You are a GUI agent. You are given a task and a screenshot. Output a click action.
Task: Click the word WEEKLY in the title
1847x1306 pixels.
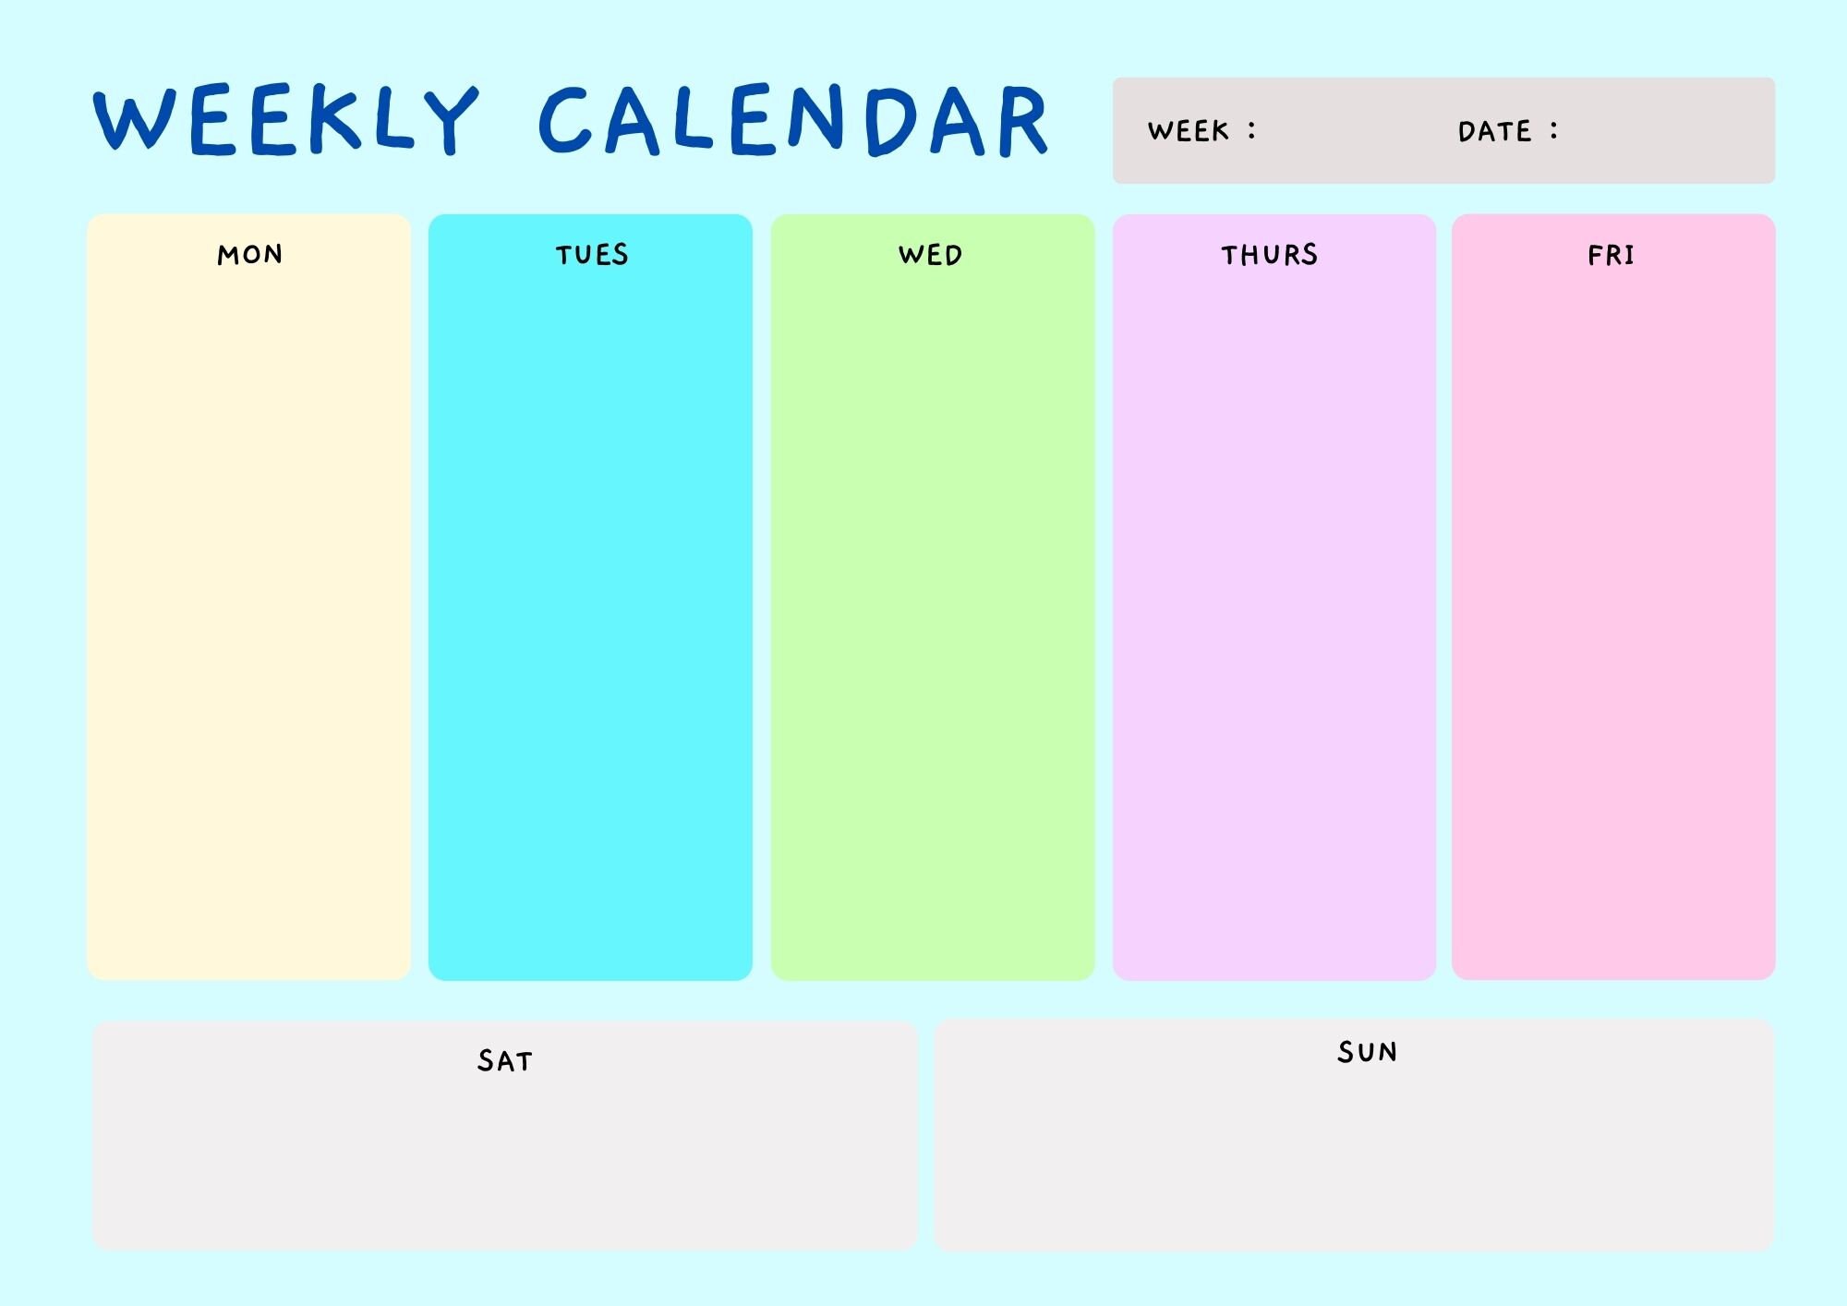point(286,119)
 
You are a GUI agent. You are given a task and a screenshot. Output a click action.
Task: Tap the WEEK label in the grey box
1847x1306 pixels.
point(1189,131)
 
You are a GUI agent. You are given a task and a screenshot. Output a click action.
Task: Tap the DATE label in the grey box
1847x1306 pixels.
point(1494,131)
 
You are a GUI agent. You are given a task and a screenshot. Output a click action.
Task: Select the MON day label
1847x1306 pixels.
point(250,255)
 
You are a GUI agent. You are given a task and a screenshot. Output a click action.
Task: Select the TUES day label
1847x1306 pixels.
point(592,255)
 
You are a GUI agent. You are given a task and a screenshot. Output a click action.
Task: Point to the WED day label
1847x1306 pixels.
point(931,255)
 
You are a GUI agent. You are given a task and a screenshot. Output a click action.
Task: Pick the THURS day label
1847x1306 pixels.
point(1270,255)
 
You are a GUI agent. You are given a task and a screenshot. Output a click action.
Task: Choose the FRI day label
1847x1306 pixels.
point(1612,255)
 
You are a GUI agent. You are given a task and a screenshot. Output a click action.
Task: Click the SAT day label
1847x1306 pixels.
point(505,1060)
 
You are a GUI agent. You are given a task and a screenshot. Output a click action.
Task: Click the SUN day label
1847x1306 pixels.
point(1368,1052)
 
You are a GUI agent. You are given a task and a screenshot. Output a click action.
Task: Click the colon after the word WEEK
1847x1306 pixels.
point(1252,130)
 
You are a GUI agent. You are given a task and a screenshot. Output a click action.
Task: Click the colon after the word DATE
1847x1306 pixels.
point(1554,130)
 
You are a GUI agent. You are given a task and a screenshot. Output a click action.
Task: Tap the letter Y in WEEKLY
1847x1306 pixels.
point(450,120)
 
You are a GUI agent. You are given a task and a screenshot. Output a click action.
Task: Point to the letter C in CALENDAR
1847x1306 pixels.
point(564,120)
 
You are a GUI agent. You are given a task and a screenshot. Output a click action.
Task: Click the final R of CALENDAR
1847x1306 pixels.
point(1022,121)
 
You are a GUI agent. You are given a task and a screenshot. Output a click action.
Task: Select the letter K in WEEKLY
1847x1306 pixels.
point(333,119)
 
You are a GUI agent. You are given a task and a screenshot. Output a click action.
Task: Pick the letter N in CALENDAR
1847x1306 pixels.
point(816,119)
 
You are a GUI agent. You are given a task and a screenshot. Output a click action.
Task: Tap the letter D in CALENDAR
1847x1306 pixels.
point(890,121)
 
